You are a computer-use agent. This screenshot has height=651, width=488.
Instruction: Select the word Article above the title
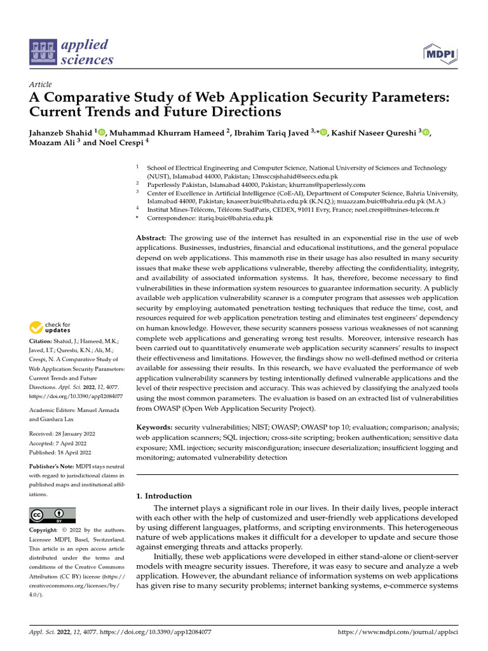click(41, 85)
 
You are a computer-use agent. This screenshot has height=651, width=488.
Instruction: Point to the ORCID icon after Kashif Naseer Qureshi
click(426, 132)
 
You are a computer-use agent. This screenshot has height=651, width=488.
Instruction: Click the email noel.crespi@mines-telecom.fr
click(391, 209)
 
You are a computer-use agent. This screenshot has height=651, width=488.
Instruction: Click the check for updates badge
click(51, 327)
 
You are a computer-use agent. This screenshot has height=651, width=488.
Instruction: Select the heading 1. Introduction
click(164, 496)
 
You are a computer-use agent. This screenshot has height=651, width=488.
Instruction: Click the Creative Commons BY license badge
click(52, 515)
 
